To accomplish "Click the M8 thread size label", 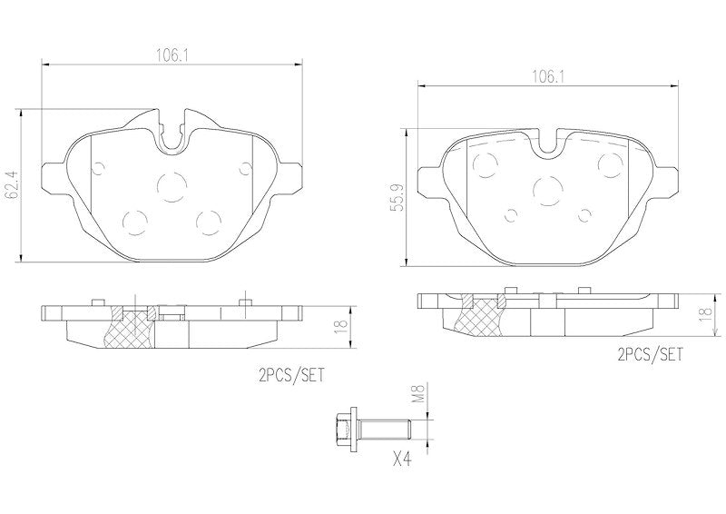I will coord(418,393).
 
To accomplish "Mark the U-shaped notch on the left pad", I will coord(173,133).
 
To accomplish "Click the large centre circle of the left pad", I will coord(171,186).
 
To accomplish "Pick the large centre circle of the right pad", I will coord(547,190).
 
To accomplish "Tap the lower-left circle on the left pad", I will coord(134,221).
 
